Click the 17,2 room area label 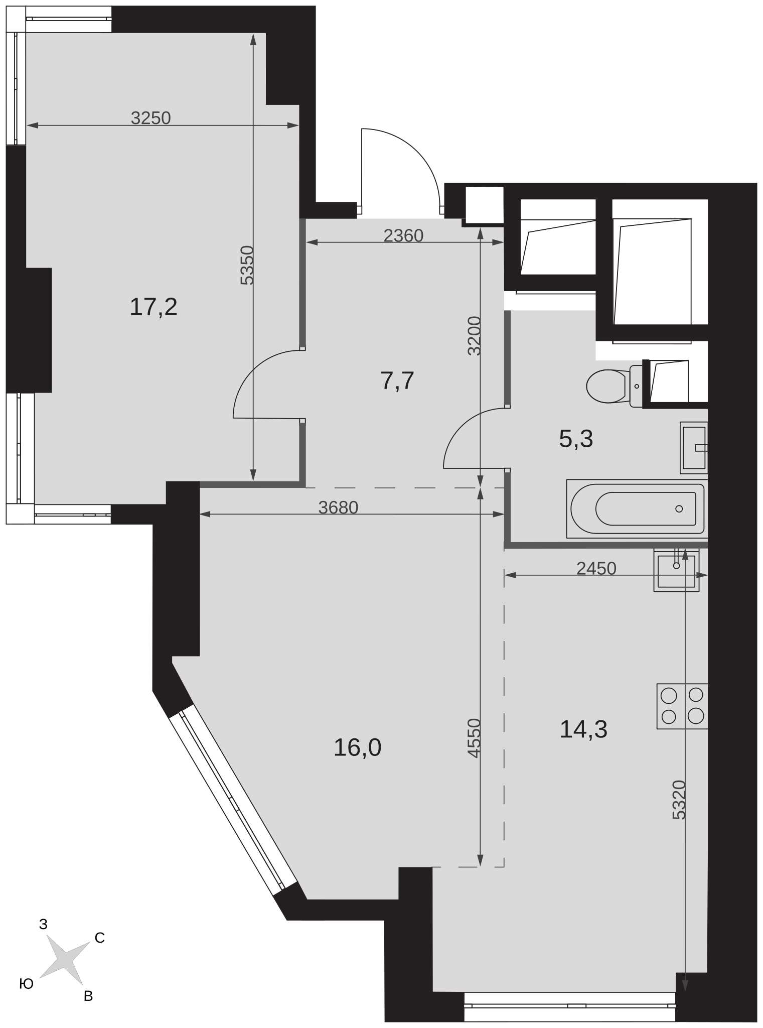(x=154, y=307)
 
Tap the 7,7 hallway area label (x=397, y=381)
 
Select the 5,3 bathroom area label (x=576, y=439)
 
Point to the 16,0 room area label (x=357, y=747)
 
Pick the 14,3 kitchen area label (x=583, y=729)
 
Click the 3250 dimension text (x=151, y=118)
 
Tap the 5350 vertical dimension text (x=247, y=265)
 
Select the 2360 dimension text (x=403, y=235)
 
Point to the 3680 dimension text (x=339, y=508)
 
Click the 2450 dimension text (x=596, y=568)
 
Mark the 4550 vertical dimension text (x=474, y=738)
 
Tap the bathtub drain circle (x=679, y=508)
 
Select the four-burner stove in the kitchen (x=682, y=706)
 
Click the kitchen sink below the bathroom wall (x=676, y=570)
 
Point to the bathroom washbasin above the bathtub (x=694, y=447)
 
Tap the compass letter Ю (x=26, y=984)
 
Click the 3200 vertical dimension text (x=474, y=335)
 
